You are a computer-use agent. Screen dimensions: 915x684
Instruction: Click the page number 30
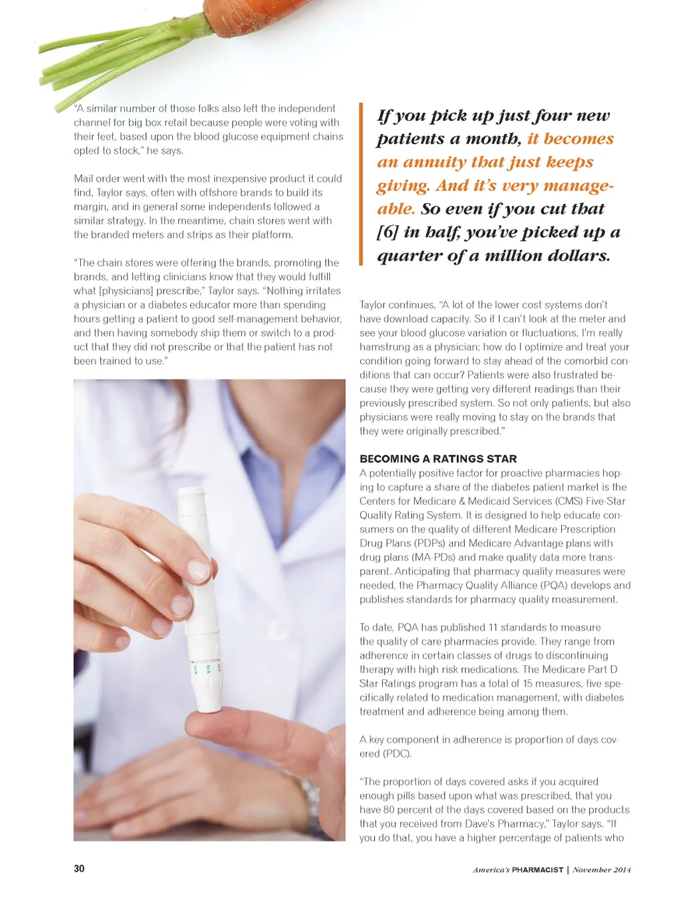point(79,868)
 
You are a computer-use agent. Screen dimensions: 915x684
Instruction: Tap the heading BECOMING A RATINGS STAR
point(438,459)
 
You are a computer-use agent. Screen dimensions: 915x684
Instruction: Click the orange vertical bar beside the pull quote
point(361,184)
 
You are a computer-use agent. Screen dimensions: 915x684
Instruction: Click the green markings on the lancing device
point(207,668)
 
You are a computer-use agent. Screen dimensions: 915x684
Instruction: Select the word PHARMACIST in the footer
point(537,870)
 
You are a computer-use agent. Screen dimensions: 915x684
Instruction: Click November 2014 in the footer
point(601,870)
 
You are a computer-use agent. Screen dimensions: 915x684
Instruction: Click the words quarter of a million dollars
point(494,256)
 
